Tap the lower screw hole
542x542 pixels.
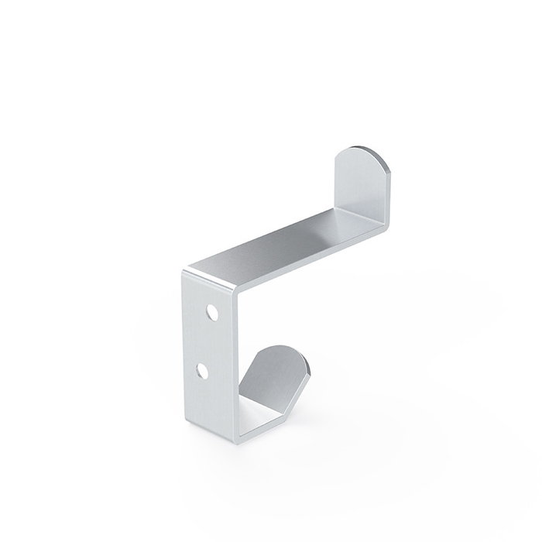tap(203, 372)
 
